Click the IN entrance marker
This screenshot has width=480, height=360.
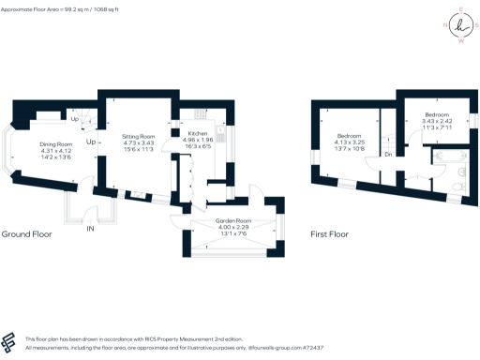pyautogui.click(x=90, y=228)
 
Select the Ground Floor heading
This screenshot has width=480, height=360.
pyautogui.click(x=25, y=234)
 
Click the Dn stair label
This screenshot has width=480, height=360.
pyautogui.click(x=388, y=154)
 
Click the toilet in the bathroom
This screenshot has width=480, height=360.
pyautogui.click(x=453, y=188)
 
